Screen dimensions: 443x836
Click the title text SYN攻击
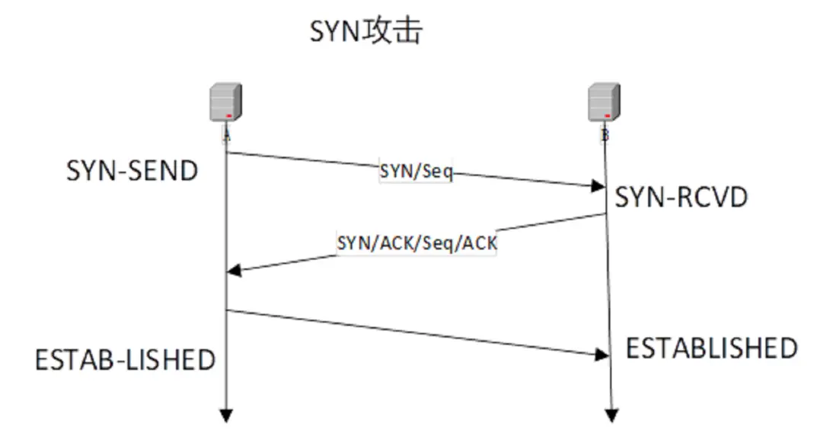(x=365, y=32)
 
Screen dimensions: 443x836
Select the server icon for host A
(x=226, y=103)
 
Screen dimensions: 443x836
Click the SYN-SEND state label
(x=132, y=171)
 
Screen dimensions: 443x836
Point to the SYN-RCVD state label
(x=681, y=197)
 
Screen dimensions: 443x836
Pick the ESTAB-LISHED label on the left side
(x=126, y=359)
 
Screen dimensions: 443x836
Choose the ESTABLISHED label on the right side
(x=711, y=348)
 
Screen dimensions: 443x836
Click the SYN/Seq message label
(x=416, y=172)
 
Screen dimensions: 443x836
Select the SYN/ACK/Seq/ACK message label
(x=416, y=243)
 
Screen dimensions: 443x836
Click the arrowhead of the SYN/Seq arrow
(x=599, y=187)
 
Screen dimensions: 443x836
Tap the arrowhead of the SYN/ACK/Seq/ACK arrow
(x=234, y=270)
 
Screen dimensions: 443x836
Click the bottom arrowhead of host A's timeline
(x=226, y=416)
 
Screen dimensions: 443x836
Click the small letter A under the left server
(x=226, y=134)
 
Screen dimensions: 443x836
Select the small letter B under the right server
(x=605, y=134)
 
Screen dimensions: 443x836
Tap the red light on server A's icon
(x=228, y=115)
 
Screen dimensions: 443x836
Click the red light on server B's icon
(x=608, y=115)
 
